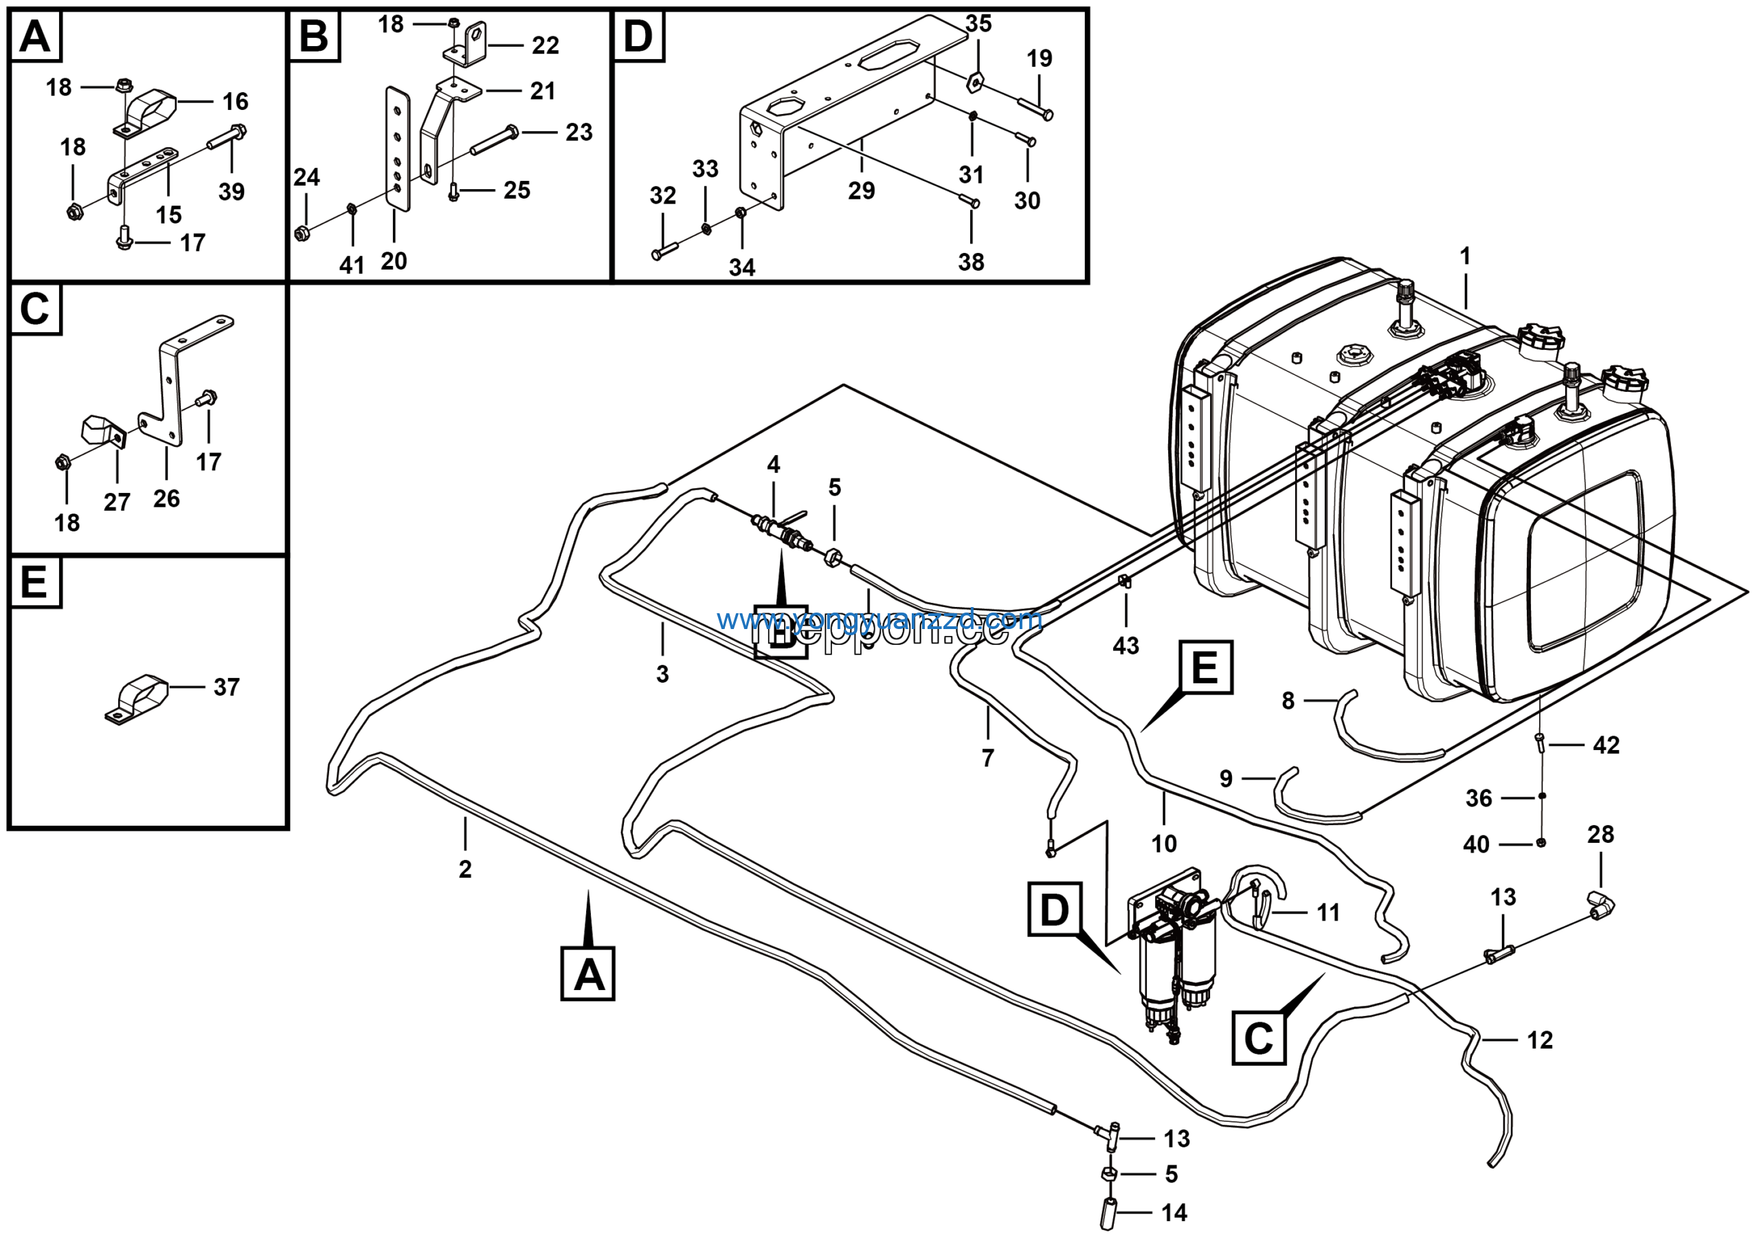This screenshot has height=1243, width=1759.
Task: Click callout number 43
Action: click(x=1125, y=646)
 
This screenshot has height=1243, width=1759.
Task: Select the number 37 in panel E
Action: click(x=226, y=687)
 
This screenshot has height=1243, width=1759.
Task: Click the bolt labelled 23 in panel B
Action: click(x=494, y=141)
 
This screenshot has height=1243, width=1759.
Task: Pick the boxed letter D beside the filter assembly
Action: click(x=1054, y=910)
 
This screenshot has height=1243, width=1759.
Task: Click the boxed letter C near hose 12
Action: click(x=1258, y=1037)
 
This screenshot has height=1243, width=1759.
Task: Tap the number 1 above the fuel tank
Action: click(x=1465, y=256)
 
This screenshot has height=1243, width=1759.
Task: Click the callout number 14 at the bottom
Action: click(x=1174, y=1212)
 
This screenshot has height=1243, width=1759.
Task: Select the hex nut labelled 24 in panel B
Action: click(x=302, y=233)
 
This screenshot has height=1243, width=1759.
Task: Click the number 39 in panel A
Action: click(x=232, y=192)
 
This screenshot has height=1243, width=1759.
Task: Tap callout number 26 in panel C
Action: click(x=166, y=499)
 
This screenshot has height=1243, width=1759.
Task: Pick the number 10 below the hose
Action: click(x=1164, y=844)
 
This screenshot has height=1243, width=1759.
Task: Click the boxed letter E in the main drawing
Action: click(x=1205, y=667)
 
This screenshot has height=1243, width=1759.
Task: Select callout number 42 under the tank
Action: click(x=1606, y=745)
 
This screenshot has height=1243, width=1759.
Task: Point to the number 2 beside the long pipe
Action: click(x=465, y=869)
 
